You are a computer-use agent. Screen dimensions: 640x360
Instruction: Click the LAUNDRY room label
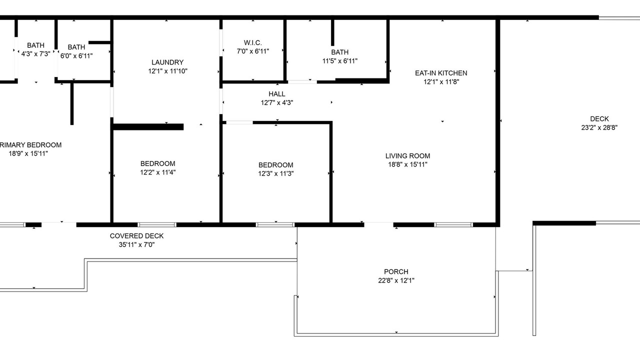point(167,62)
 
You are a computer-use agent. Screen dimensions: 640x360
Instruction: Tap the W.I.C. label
point(253,43)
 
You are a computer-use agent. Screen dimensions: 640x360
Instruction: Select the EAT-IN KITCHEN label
point(441,73)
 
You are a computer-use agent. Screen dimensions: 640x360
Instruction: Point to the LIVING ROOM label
point(407,156)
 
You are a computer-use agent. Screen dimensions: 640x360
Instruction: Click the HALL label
point(277,94)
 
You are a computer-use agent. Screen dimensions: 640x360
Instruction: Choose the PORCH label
point(396,271)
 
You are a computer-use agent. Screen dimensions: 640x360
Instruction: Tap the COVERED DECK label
point(136,236)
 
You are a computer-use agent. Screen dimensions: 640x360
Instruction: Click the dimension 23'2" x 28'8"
point(599,127)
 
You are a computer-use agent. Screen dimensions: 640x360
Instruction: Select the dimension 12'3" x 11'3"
point(276,173)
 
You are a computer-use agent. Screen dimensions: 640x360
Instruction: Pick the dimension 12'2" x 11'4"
point(157,172)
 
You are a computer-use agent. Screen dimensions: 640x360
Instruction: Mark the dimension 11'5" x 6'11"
point(340,61)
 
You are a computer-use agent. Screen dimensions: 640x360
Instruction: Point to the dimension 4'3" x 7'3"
point(35,54)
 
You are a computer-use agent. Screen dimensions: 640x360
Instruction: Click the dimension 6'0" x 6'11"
point(76,56)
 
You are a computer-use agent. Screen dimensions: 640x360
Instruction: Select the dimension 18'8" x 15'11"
point(407,164)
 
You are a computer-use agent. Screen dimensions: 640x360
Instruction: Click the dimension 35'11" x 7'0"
point(136,245)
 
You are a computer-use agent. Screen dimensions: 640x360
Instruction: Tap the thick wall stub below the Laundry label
point(148,127)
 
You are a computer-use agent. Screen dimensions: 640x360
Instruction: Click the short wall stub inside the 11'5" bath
point(332,32)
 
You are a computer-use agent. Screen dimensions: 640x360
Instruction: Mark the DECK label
point(599,119)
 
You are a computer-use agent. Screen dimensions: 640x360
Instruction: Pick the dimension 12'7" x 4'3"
point(277,103)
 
